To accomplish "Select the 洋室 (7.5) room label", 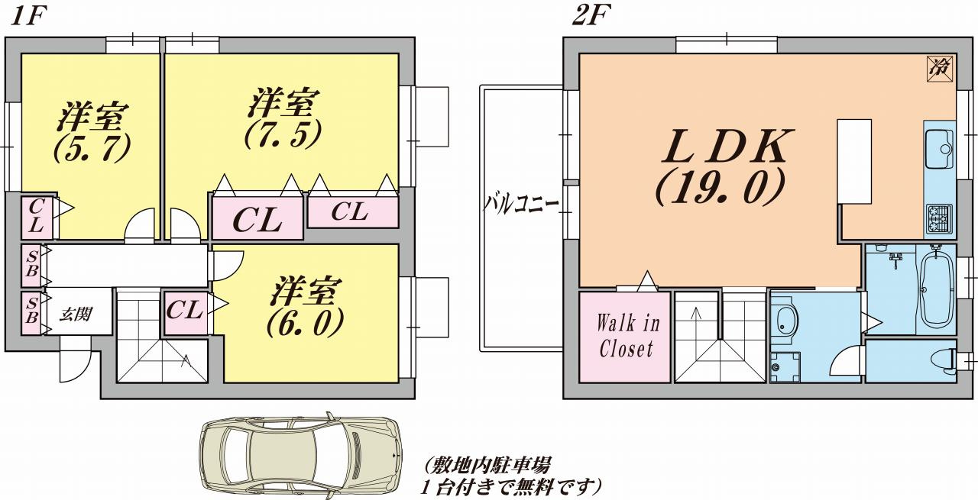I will (x=283, y=118).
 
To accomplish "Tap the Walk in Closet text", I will (x=627, y=336).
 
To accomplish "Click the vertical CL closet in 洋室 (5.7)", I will (x=36, y=216).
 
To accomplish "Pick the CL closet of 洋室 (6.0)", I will (x=185, y=311).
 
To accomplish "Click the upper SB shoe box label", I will (x=31, y=264).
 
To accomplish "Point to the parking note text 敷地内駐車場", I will (x=489, y=463).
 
